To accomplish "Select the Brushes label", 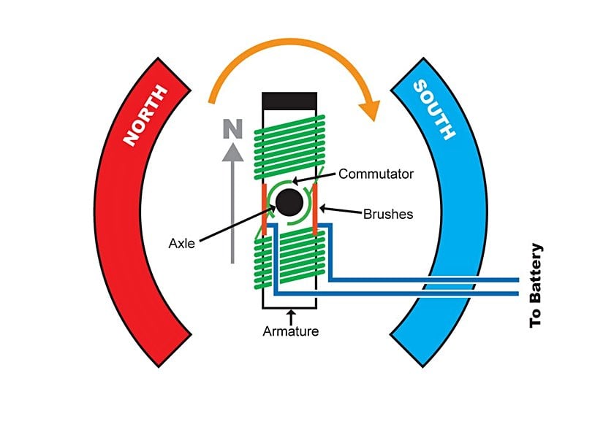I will [388, 215].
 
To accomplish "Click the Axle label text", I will [181, 244].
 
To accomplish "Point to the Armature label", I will [290, 331].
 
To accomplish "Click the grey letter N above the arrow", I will [232, 129].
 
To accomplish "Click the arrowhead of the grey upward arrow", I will [232, 151].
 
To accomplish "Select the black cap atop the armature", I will [289, 101].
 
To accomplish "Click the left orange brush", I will [264, 208].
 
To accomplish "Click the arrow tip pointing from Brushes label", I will [320, 211].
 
